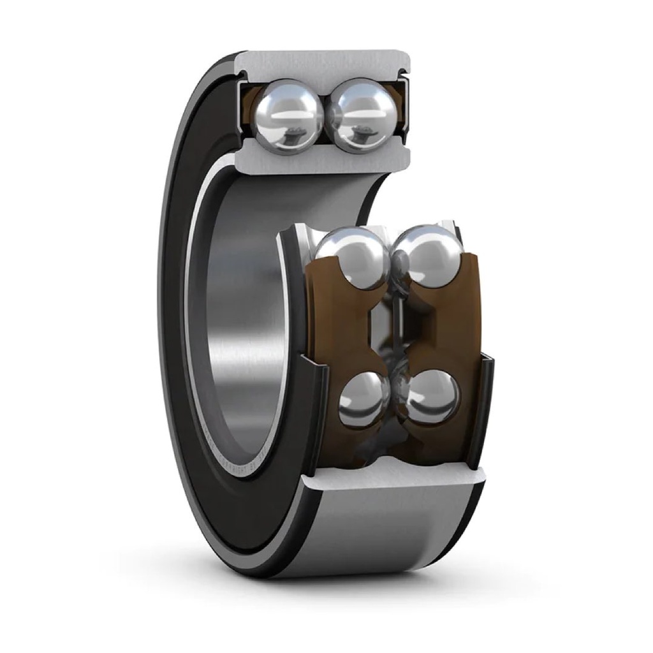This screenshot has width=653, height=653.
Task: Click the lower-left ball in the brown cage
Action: [364, 399]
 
